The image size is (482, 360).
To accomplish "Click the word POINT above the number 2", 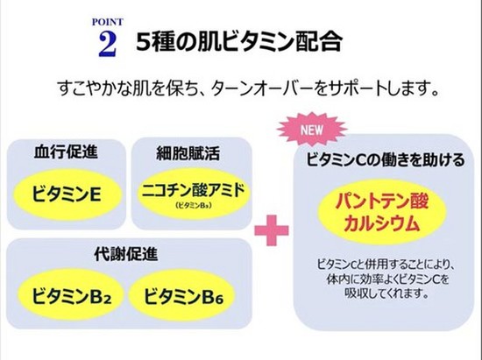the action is [108, 22].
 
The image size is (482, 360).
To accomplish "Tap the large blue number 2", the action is [108, 44].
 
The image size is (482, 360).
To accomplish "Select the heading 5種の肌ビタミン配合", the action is [239, 41].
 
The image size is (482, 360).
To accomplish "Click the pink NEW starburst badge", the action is [312, 130].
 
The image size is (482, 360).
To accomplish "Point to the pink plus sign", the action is [272, 230].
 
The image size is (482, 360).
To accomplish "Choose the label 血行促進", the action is [66, 152].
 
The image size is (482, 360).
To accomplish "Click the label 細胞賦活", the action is [188, 153].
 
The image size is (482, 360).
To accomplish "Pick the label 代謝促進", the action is [126, 254].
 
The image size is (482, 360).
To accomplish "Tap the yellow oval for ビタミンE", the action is [67, 194].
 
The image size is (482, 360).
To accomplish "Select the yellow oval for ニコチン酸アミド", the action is [194, 194].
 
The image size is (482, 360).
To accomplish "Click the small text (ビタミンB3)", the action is [194, 206].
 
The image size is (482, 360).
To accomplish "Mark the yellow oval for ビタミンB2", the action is [71, 296].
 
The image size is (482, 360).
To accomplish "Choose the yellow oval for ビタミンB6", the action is [182, 296].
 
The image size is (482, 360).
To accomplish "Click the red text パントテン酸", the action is [381, 201].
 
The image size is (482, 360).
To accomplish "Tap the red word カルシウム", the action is [381, 223].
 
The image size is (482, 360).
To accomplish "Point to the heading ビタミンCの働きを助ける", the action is [386, 160].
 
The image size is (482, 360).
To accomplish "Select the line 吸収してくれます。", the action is [386, 293].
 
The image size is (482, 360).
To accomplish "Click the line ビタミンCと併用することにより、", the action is [386, 265].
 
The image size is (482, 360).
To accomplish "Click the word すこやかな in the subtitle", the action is [96, 88].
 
